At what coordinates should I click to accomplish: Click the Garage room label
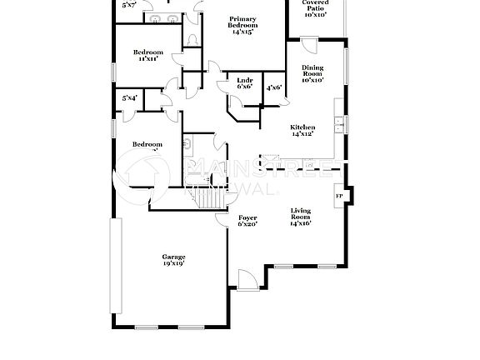[173, 257]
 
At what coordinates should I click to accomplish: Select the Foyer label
[247, 217]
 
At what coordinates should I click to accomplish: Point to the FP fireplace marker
[338, 197]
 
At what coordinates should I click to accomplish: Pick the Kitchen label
[302, 127]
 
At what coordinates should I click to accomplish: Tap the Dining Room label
[313, 72]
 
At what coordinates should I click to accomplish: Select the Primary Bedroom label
[242, 19]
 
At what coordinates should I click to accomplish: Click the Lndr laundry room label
[245, 80]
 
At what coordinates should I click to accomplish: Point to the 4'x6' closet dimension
[273, 87]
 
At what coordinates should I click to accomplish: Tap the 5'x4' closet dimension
[129, 98]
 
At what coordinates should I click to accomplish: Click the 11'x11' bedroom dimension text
[147, 59]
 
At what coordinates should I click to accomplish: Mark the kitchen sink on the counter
[339, 125]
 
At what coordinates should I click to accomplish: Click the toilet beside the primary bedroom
[192, 40]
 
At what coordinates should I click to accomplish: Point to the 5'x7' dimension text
[129, 5]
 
